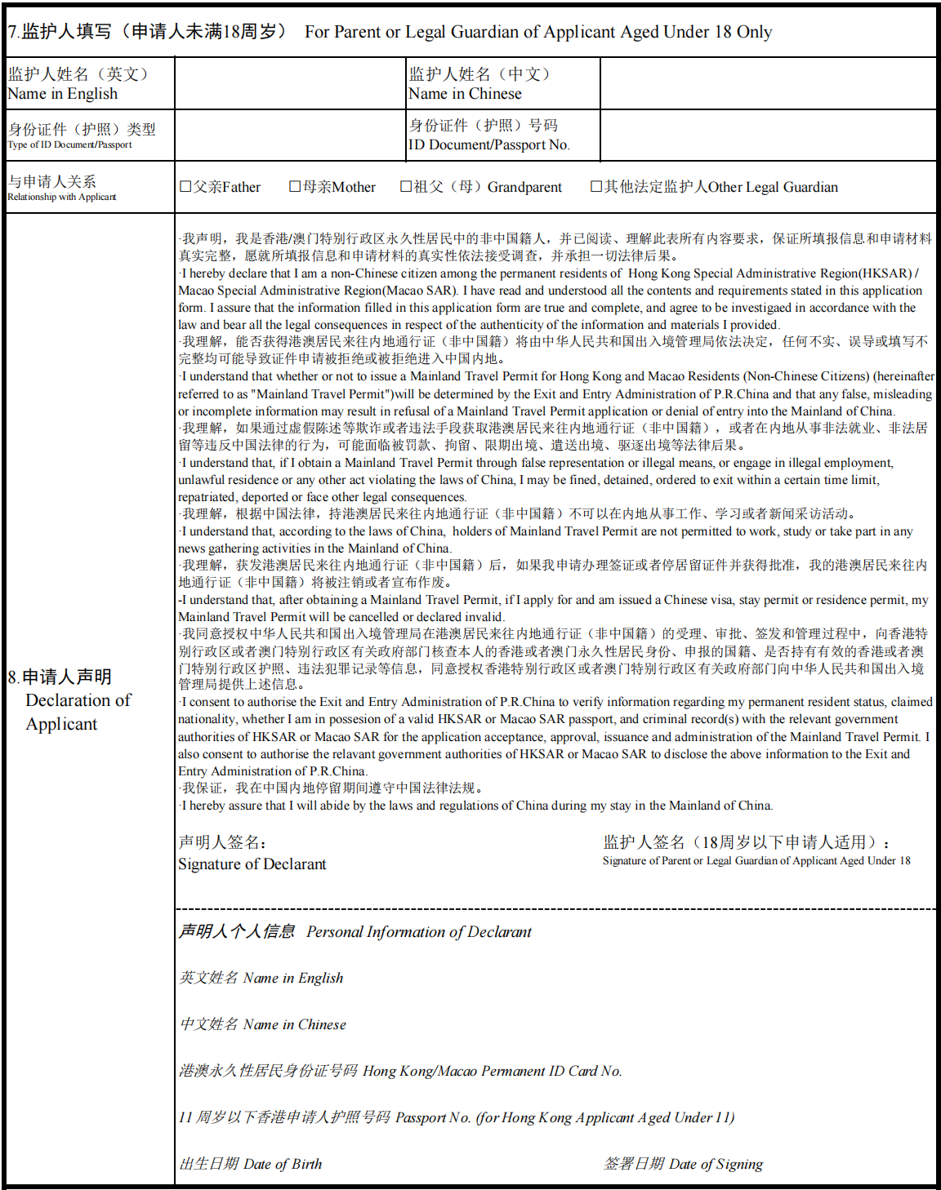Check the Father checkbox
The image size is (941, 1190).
[x=185, y=187]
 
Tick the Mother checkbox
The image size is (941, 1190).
[x=295, y=187]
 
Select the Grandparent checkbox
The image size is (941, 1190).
[x=406, y=187]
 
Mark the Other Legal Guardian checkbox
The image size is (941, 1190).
[x=596, y=187]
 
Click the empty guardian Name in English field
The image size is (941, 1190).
[x=290, y=83]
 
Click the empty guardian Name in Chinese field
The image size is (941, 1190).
[x=768, y=83]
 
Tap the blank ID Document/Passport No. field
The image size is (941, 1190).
[x=768, y=135]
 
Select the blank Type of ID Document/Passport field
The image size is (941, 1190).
[x=290, y=135]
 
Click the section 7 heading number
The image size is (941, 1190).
[x=13, y=33]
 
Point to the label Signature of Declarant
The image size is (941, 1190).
[x=252, y=864]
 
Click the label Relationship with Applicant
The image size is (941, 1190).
[x=62, y=197]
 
